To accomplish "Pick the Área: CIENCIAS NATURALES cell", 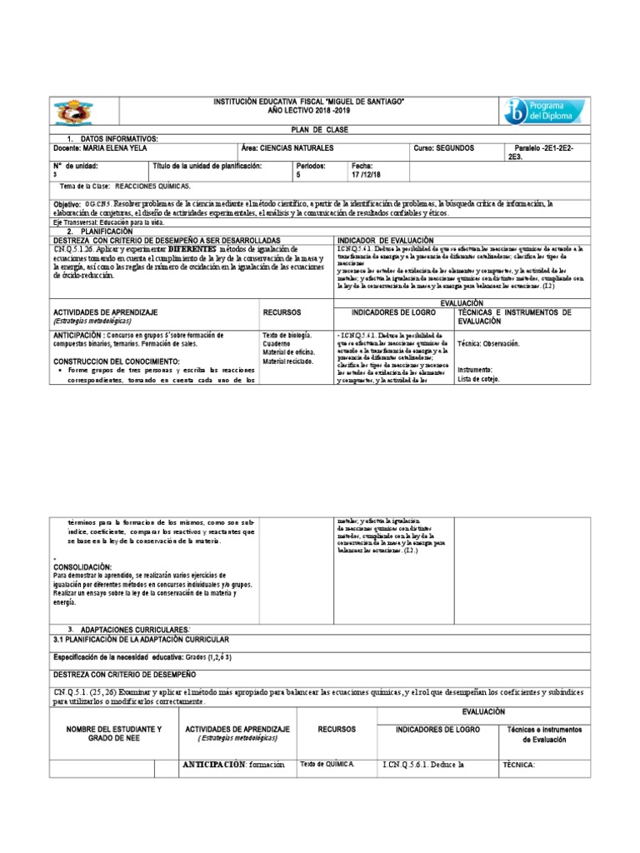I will pyautogui.click(x=287, y=148).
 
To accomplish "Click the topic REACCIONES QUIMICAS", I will pyautogui.click(x=152, y=187).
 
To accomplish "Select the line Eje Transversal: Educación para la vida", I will pyautogui.click(x=108, y=222).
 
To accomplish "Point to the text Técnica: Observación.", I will pyautogui.click(x=488, y=343).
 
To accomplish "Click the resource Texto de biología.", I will pyautogui.click(x=287, y=334).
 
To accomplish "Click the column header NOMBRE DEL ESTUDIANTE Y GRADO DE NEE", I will pyautogui.click(x=107, y=735).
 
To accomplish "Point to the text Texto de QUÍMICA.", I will pyautogui.click(x=327, y=764).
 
